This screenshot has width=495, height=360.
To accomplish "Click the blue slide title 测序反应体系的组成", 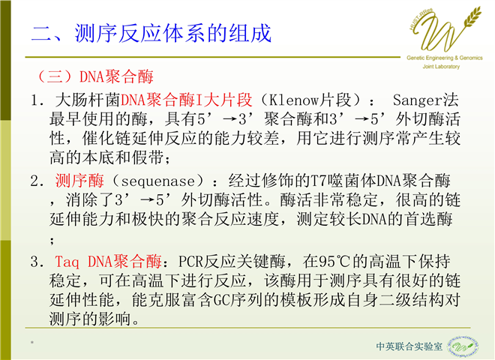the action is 173,33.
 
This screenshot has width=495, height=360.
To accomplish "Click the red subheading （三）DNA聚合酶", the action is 94,76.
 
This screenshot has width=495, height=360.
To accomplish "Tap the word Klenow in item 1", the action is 294,100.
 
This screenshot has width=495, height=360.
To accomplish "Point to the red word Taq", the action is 67,262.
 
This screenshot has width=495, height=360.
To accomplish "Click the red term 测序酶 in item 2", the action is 79,181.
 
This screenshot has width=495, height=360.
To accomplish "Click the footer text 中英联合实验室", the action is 409,346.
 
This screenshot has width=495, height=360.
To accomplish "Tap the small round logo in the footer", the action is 463,346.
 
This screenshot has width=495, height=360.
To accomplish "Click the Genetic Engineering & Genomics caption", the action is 445,58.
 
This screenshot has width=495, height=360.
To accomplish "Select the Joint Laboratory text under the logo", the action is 441,66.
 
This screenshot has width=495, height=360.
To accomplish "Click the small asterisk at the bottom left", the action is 32,342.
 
